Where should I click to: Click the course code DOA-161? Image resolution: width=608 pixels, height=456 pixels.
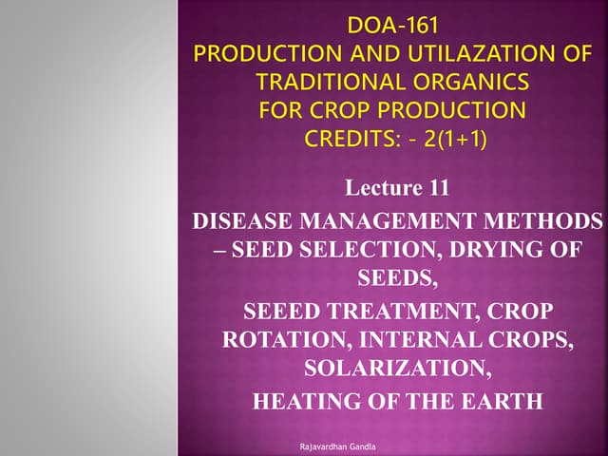392,26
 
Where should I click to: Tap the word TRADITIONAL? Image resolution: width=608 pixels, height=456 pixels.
332,82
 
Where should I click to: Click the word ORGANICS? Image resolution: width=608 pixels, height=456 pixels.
471,82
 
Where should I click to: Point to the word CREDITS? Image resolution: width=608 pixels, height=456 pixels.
352,139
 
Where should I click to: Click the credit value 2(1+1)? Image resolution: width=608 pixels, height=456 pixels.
455,139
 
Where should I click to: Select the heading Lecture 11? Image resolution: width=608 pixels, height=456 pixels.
397,188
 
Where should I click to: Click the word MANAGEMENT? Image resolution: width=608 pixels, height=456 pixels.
389,221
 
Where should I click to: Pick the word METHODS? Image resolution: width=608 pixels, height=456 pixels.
543,221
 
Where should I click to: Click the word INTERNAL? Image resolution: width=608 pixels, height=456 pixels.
420,339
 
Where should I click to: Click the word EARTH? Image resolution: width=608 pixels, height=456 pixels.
502,401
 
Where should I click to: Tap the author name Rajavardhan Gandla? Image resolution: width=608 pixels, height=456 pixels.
338,446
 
